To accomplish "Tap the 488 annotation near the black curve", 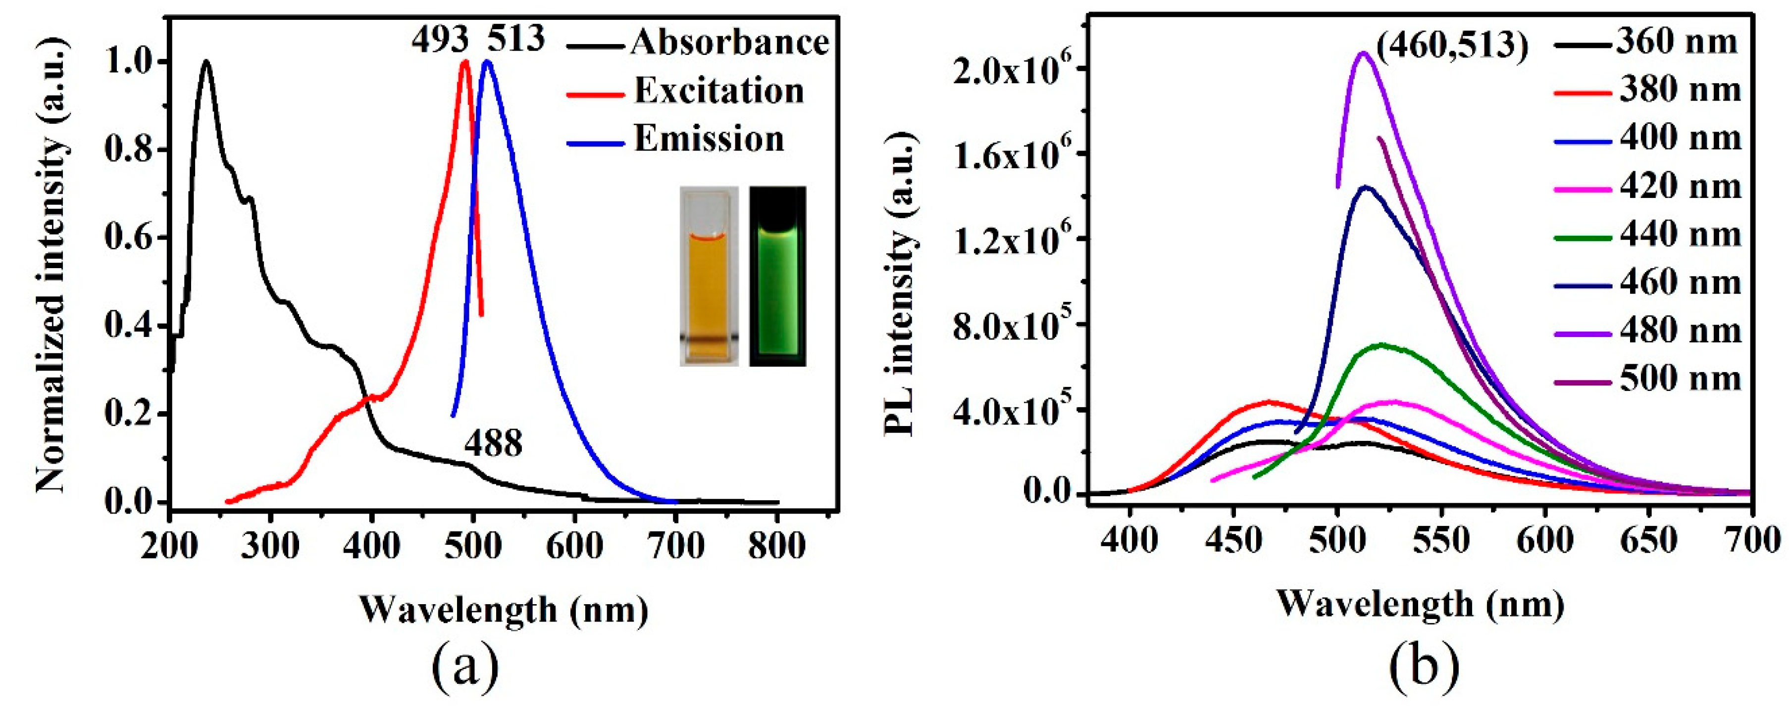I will click(493, 444).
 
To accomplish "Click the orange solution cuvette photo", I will click(709, 276).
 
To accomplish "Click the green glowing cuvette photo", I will click(778, 276).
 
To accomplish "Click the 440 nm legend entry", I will click(1681, 235).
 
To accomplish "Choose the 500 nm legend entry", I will click(1681, 379).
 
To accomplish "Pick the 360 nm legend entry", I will click(1677, 43).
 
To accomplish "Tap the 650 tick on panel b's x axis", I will click(1650, 540).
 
